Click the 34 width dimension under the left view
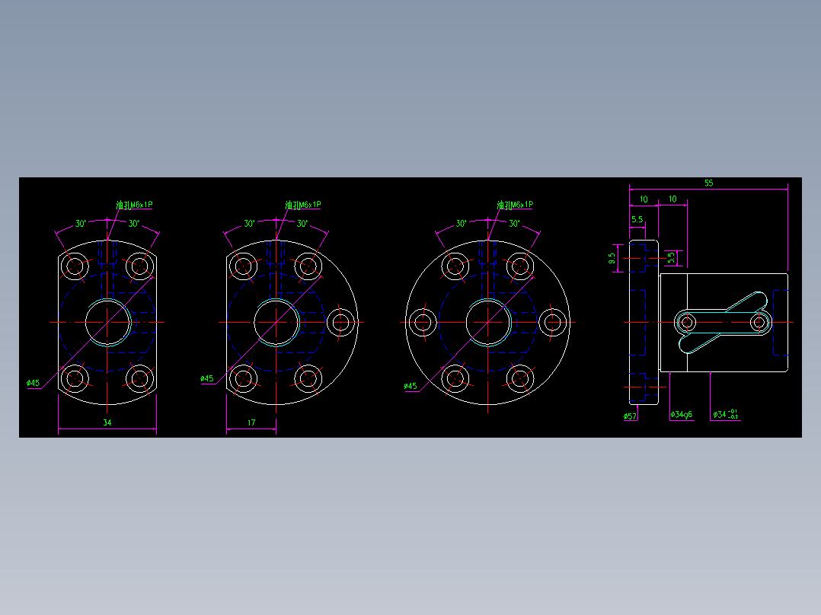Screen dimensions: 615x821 click(x=107, y=422)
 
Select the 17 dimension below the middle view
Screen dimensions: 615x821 click(x=251, y=422)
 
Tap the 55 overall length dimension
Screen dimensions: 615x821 click(x=708, y=183)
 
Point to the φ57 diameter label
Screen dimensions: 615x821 click(x=630, y=416)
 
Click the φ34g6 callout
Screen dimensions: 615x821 click(x=681, y=415)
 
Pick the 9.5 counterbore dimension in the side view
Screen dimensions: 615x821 click(x=612, y=259)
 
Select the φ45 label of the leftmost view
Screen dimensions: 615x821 click(x=33, y=383)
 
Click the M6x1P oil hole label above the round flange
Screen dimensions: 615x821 click(x=516, y=205)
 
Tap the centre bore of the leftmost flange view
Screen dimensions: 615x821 click(x=107, y=322)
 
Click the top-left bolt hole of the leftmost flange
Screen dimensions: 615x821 click(x=75, y=266)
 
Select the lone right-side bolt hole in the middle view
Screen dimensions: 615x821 click(x=340, y=322)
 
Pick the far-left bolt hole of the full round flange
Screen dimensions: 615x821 click(x=422, y=322)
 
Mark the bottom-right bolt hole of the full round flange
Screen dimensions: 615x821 click(x=519, y=378)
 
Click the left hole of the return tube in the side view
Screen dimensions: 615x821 click(x=688, y=323)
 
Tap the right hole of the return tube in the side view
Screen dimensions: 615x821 click(x=759, y=323)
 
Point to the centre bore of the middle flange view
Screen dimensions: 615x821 click(x=276, y=322)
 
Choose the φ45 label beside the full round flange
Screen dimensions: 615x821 click(x=410, y=386)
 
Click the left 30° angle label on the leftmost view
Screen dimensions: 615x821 click(x=81, y=224)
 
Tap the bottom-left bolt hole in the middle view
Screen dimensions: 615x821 click(x=244, y=378)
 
